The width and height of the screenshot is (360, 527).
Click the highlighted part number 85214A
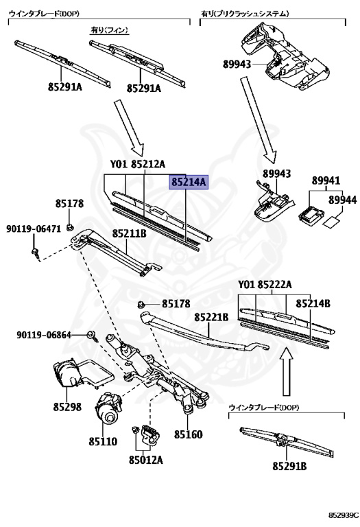[x=189, y=183]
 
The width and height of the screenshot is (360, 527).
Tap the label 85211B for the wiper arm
[x=130, y=233]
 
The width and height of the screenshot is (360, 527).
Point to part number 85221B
[x=211, y=317]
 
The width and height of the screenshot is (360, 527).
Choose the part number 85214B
[x=313, y=303]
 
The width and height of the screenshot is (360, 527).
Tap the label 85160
[x=188, y=434]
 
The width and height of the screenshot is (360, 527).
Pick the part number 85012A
[x=145, y=459]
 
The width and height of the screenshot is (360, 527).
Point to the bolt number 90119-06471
[x=34, y=229]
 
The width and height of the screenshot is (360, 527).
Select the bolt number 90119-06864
[x=45, y=335]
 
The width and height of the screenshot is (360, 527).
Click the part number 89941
[x=326, y=180]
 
